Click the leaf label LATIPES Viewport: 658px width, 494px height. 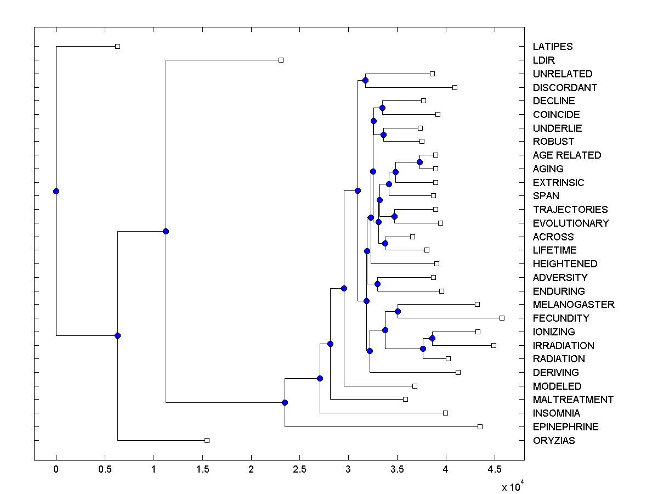[x=552, y=47]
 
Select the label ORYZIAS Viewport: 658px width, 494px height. [x=554, y=440]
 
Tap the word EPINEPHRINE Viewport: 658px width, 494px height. [x=565, y=426]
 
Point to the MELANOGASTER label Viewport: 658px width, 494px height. [x=574, y=305]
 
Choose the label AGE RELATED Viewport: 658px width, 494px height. [x=567, y=155]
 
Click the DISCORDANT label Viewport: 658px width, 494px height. [x=565, y=87]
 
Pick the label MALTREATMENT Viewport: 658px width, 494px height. [x=573, y=400]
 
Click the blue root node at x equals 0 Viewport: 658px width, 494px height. [x=56, y=191]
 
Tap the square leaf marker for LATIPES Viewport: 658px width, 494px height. [x=117, y=47]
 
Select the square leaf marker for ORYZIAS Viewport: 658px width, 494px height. [x=207, y=440]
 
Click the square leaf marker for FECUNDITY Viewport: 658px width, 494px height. [x=502, y=318]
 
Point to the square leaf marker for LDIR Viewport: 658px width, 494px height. [x=281, y=60]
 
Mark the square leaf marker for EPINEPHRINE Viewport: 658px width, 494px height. [x=480, y=426]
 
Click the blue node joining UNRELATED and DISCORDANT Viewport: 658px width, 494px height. [x=365, y=81]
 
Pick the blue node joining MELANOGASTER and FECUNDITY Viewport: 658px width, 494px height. [x=398, y=311]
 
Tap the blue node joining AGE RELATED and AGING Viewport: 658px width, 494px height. [x=419, y=162]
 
